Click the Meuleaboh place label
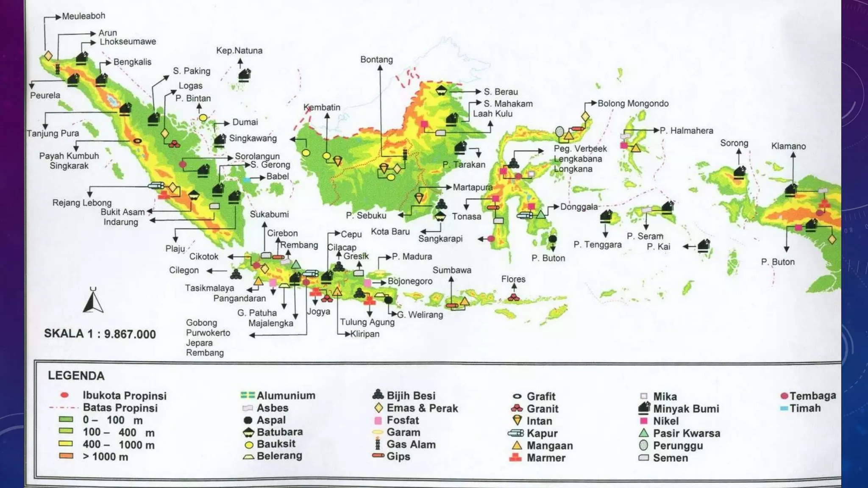tap(83, 16)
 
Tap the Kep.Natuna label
tap(239, 51)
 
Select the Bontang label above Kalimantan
tap(376, 60)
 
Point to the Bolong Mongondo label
tap(633, 103)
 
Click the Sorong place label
tap(734, 143)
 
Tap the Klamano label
tap(788, 147)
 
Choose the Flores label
tap(513, 279)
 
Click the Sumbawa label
tap(452, 270)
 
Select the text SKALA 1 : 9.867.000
tap(100, 334)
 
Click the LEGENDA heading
tap(76, 376)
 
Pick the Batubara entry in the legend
tap(279, 432)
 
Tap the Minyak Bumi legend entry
tap(685, 409)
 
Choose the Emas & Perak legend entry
tap(422, 408)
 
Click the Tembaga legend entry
tap(812, 396)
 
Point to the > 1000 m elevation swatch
tap(66, 456)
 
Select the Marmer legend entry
tap(545, 458)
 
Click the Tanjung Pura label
tap(53, 134)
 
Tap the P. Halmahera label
tap(686, 131)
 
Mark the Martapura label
tap(473, 187)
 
